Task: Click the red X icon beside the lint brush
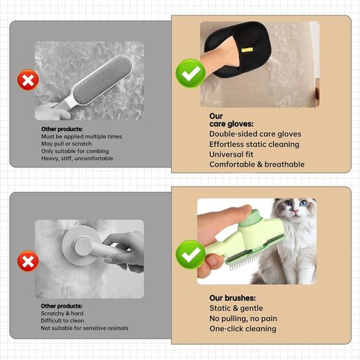(x=28, y=80)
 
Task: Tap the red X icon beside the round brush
(x=28, y=261)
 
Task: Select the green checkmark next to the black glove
(x=190, y=73)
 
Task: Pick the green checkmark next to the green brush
(x=190, y=255)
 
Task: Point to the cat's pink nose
(x=296, y=211)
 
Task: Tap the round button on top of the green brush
(x=248, y=218)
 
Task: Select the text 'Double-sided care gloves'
(x=255, y=134)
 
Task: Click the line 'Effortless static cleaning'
(x=255, y=145)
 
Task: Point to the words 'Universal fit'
(x=231, y=154)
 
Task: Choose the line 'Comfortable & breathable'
(x=257, y=165)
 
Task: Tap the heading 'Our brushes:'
(x=232, y=298)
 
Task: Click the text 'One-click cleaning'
(x=243, y=329)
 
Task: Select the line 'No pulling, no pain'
(x=243, y=319)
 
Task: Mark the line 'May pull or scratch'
(x=66, y=144)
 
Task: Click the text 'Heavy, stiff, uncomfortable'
(x=77, y=159)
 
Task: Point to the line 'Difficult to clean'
(x=63, y=321)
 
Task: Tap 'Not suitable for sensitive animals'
(x=85, y=328)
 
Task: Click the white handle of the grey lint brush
(x=64, y=103)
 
